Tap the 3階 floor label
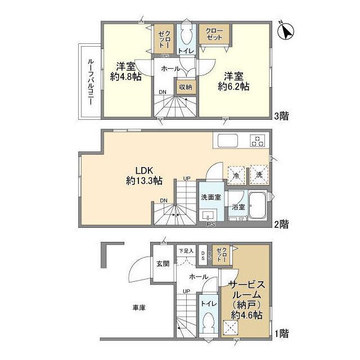point(282,116)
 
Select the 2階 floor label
point(282,224)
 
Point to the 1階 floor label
point(282,333)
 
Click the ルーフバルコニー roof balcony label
point(90,80)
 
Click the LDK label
point(143,170)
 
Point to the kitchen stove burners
point(258,141)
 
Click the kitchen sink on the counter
point(227,141)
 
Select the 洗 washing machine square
point(259,174)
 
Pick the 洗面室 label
point(211,197)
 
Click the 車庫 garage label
point(139,308)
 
